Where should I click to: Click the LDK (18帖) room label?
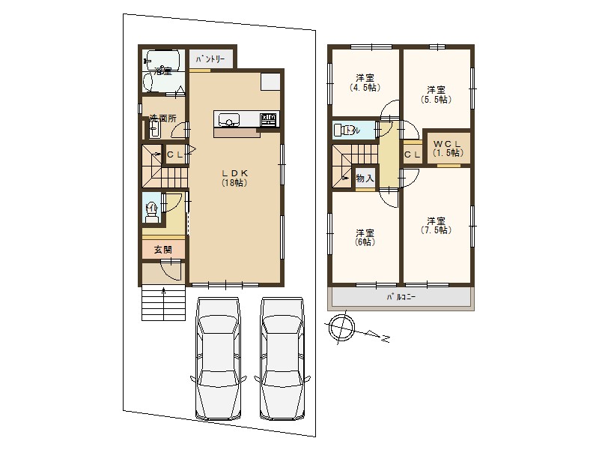click(234, 178)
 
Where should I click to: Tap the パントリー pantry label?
click(210, 59)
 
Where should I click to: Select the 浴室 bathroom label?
click(163, 71)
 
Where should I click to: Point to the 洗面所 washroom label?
click(162, 118)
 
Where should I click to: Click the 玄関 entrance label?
click(163, 250)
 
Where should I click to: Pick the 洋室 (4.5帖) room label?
click(365, 82)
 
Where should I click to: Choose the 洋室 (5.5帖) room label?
click(436, 95)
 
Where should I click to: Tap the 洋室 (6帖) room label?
click(365, 237)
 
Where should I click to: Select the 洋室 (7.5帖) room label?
click(436, 226)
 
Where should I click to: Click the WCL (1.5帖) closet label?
click(448, 148)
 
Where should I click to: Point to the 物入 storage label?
click(365, 178)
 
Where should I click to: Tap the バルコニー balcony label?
click(401, 297)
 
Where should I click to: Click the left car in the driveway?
click(218, 358)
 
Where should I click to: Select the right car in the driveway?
click(282, 358)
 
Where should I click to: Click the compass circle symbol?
click(342, 328)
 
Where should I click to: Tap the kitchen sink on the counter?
click(229, 120)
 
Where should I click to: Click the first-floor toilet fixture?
click(152, 212)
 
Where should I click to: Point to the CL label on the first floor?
click(175, 154)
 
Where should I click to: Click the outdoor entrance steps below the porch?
click(163, 303)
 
